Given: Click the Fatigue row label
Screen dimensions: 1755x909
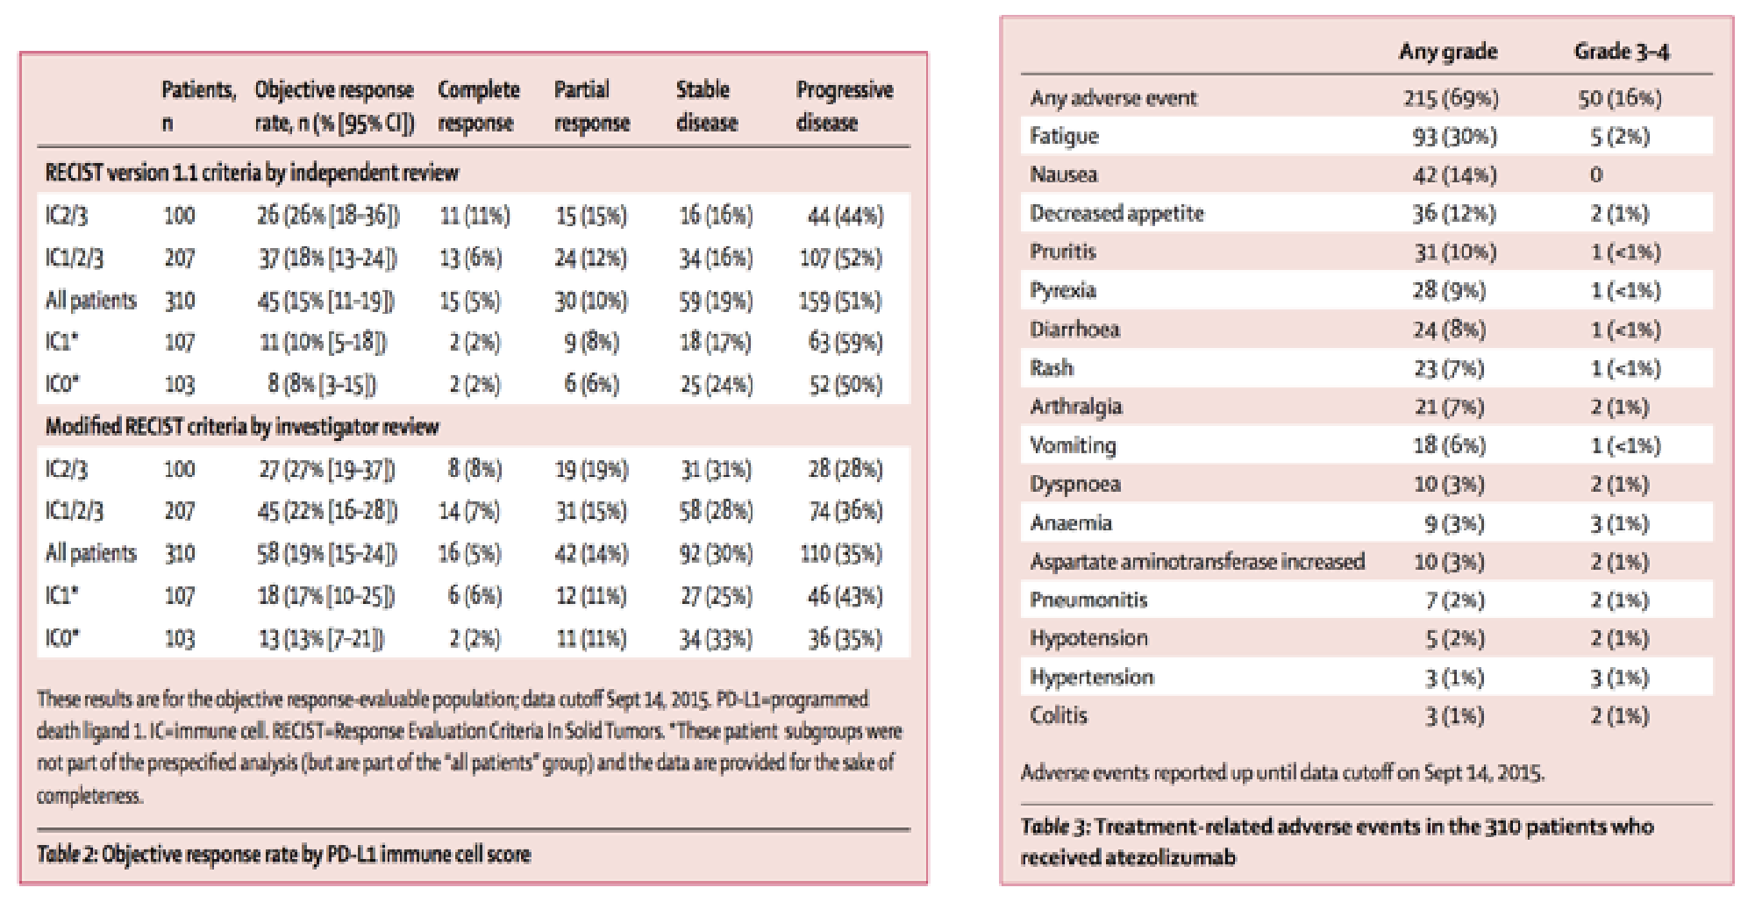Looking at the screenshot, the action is pos(1064,136).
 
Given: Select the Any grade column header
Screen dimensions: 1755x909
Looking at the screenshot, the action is pos(1448,52).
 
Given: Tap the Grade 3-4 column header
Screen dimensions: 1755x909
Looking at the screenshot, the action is pos(1622,52).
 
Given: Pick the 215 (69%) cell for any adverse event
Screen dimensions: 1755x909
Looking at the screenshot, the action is pos(1451,97).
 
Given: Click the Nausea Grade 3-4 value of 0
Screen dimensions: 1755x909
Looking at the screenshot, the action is pos(1596,174).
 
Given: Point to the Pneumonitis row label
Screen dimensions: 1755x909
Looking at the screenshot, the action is pos(1088,600).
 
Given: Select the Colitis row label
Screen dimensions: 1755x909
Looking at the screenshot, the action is pos(1059,715).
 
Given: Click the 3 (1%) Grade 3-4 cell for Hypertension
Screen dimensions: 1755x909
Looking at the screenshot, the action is pos(1620,678).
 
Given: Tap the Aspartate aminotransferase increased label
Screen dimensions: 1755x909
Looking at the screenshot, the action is pos(1197,561).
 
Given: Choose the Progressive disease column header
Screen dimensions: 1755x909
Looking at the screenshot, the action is pos(845,105).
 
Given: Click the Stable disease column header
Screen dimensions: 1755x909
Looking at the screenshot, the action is pos(707,105).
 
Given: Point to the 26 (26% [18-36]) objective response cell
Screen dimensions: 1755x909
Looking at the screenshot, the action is pos(328,216).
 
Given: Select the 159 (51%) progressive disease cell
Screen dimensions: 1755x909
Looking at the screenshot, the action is pos(840,301).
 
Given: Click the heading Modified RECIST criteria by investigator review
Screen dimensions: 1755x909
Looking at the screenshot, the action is pos(242,427).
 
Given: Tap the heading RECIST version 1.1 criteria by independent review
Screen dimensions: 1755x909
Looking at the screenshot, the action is pos(252,173).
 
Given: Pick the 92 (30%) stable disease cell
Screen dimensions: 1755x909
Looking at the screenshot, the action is pos(716,554).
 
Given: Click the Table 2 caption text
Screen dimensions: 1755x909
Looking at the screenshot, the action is pos(283,854).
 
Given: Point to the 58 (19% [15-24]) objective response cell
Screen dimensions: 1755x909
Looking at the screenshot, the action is pos(327,554).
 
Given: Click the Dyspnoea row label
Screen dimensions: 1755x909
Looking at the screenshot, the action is pos(1075,484).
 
